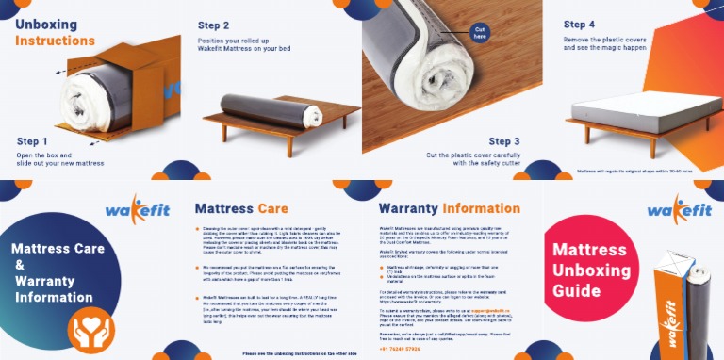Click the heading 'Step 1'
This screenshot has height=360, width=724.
click(39, 141)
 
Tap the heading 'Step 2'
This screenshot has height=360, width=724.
click(214, 25)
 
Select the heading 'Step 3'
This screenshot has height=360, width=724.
click(510, 141)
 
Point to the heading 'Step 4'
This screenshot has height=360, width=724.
click(585, 24)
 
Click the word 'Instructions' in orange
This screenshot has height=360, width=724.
click(54, 41)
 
